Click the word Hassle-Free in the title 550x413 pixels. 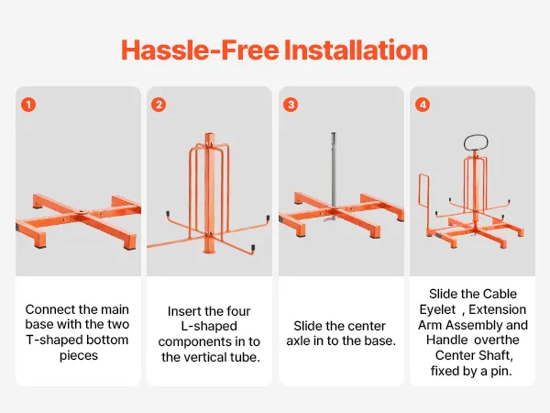coord(200,50)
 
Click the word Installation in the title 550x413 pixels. coord(356,50)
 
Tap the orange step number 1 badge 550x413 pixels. coord(28,105)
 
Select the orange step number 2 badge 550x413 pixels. coord(159,105)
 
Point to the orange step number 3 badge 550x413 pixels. coord(291,105)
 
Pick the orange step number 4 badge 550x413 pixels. coord(423,105)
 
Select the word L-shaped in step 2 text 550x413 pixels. coord(209,326)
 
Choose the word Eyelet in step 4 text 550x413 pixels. coord(437,309)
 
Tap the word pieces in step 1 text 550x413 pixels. coord(79,356)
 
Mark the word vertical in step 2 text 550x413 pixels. coord(203,357)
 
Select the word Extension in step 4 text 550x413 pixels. coord(498,309)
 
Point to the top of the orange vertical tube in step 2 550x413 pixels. coord(209,133)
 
